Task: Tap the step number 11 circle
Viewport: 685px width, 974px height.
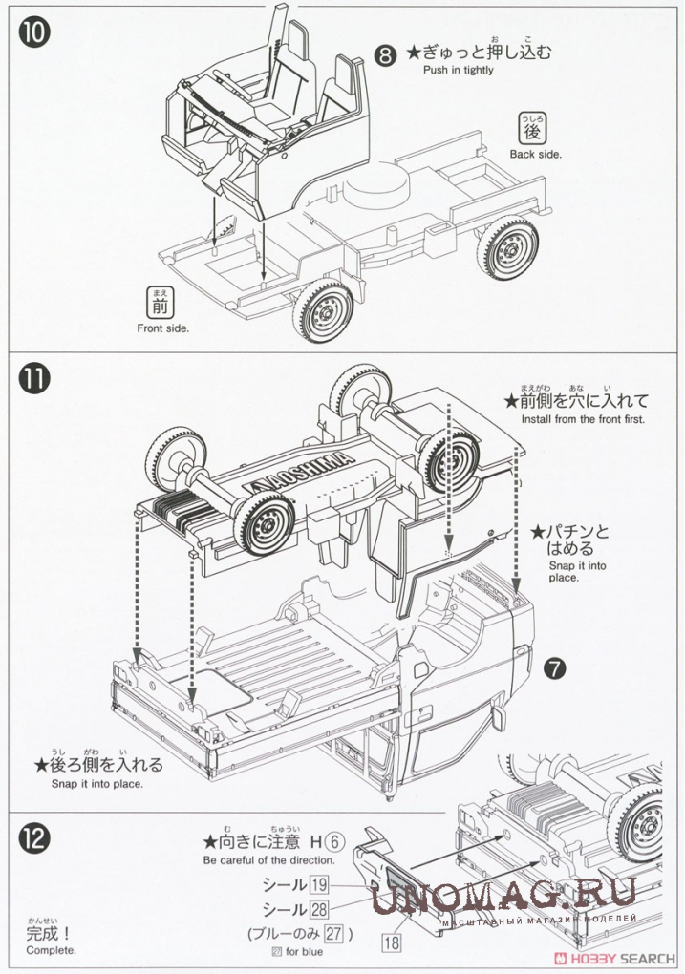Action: (32, 377)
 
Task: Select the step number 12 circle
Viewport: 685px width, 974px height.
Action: (32, 837)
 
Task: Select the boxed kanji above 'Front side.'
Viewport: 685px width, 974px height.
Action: (159, 304)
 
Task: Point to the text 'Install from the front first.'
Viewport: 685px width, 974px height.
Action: (583, 419)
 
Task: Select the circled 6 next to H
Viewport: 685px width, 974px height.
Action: (332, 842)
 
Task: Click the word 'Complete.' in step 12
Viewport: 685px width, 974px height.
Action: (51, 950)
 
